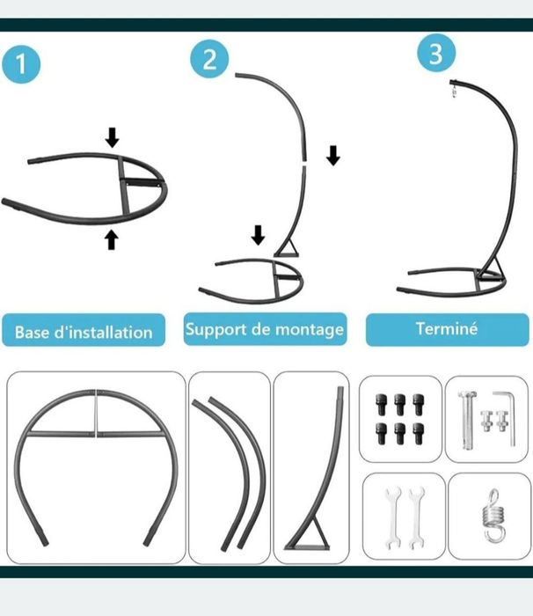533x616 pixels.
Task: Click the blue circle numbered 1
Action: point(21,64)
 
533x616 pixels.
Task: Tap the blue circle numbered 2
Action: point(209,59)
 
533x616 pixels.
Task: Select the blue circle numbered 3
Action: point(436,53)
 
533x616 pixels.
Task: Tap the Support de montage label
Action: point(265,329)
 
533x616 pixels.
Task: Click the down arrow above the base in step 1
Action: point(113,137)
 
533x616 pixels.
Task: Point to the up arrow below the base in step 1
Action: point(112,239)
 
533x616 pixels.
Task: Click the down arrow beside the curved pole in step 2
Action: point(333,155)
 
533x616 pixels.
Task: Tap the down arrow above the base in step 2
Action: point(258,235)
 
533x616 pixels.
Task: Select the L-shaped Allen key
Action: point(505,418)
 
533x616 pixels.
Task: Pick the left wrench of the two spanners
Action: point(393,517)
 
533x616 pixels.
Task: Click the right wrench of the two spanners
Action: point(416,517)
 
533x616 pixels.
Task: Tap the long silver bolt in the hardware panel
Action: point(467,420)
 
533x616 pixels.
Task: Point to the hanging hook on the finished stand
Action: point(454,90)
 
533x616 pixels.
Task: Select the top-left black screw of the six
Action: point(382,405)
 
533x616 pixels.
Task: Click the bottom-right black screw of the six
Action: point(419,433)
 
